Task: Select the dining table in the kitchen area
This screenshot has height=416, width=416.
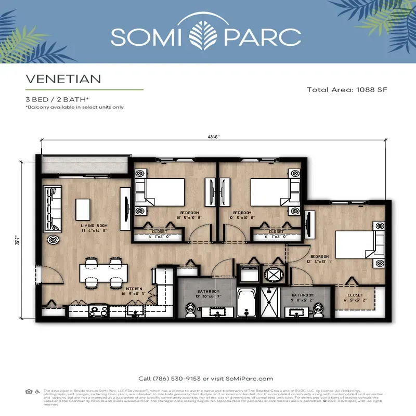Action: click(103, 272)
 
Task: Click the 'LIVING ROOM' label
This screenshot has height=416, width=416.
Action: click(94, 226)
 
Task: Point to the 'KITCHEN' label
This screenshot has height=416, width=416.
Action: click(134, 288)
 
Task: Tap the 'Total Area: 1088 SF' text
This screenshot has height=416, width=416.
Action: click(347, 89)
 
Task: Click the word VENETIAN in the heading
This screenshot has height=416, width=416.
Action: click(63, 79)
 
